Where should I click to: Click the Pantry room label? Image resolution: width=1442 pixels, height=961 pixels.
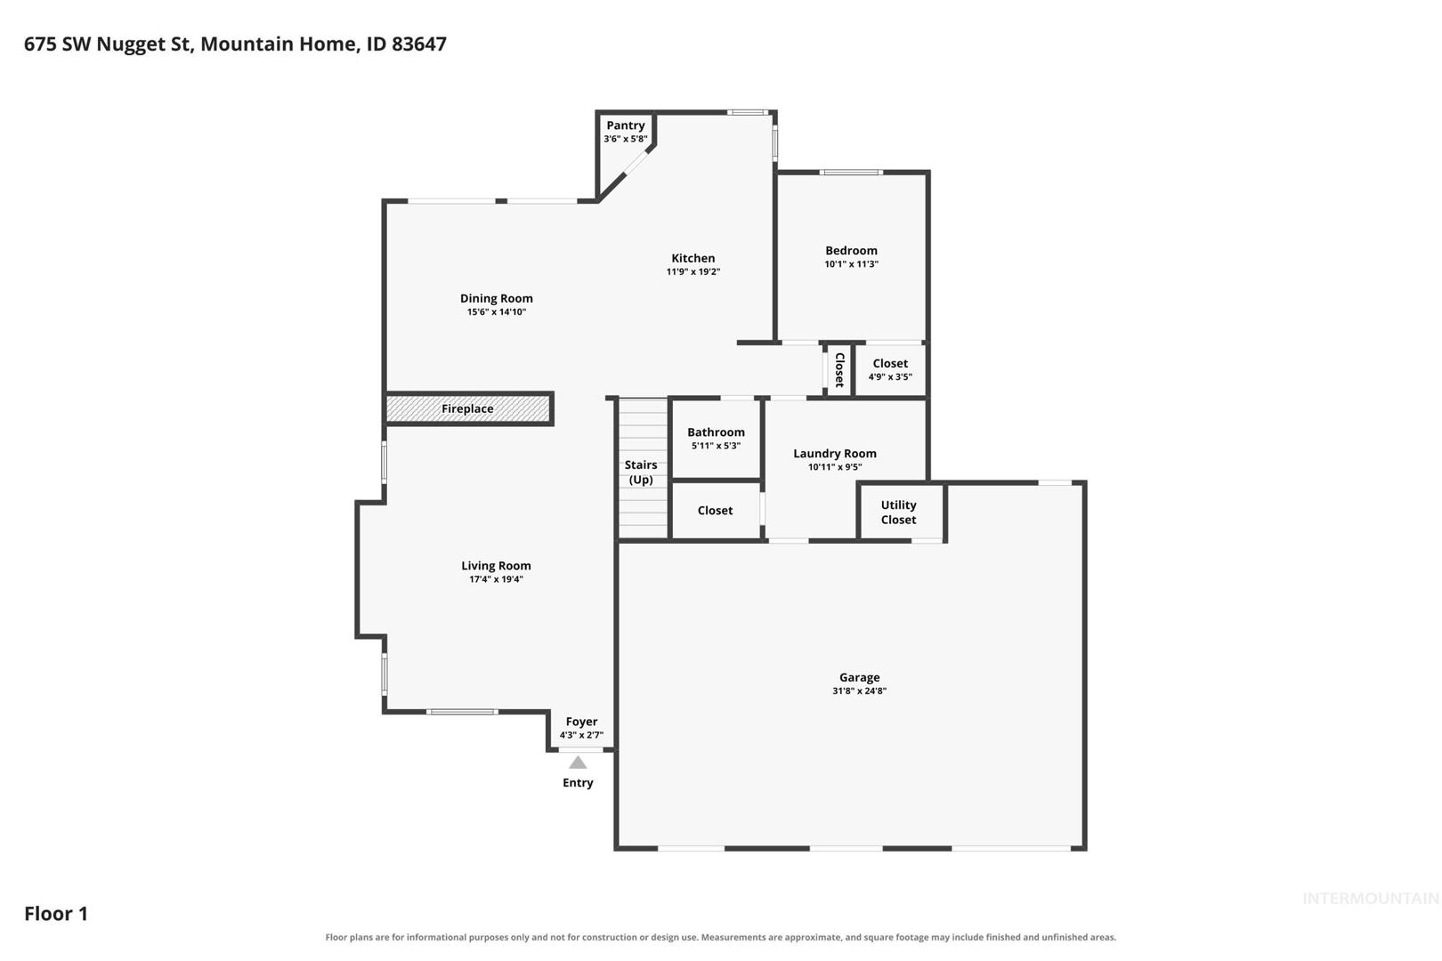[x=625, y=125]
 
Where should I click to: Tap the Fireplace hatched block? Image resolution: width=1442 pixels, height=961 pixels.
[x=468, y=408]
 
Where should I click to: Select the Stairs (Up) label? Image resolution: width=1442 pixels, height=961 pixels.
[x=641, y=472]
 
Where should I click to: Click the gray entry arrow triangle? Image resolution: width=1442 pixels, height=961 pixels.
[x=578, y=762]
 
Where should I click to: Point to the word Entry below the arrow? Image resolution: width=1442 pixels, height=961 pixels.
[x=578, y=783]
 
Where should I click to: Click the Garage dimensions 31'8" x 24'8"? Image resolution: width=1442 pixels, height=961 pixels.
[x=859, y=690]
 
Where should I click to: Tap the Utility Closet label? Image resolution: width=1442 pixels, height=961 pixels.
[x=899, y=513]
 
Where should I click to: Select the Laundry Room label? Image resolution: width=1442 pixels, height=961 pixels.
[x=835, y=454]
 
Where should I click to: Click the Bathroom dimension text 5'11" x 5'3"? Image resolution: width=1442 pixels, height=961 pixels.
[x=716, y=446]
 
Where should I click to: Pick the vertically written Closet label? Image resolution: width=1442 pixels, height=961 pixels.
[x=839, y=370]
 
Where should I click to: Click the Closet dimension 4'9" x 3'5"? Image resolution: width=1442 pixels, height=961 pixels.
[x=890, y=377]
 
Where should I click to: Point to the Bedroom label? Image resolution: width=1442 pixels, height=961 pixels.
[x=851, y=250]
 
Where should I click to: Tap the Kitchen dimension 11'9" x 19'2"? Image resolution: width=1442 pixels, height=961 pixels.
[x=693, y=271]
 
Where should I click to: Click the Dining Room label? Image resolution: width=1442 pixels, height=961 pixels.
[x=497, y=299]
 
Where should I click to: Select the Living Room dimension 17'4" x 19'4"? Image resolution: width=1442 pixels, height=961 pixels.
[x=497, y=579]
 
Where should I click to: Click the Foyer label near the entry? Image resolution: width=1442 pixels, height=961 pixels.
[x=581, y=722]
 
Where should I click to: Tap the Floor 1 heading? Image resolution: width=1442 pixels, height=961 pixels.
[x=56, y=913]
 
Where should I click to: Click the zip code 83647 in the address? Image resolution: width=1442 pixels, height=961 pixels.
[x=419, y=44]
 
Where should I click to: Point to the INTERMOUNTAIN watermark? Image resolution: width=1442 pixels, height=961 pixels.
[x=1371, y=899]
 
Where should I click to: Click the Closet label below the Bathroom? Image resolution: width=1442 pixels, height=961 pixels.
[x=715, y=511]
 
